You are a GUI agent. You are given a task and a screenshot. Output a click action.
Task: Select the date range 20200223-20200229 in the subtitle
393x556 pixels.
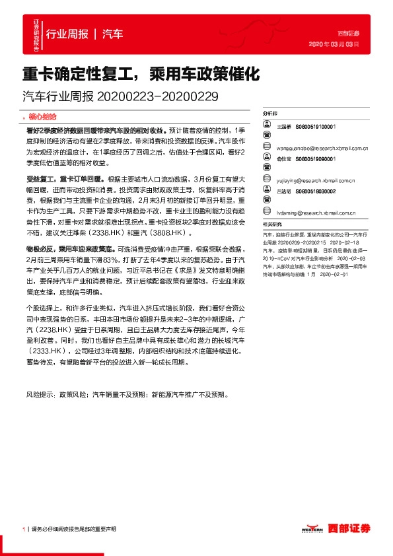click(157, 96)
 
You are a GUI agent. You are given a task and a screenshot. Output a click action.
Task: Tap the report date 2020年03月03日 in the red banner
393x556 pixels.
click(334, 45)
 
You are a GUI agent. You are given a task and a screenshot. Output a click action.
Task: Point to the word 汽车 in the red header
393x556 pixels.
click(112, 34)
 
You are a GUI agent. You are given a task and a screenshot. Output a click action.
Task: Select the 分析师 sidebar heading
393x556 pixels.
click(270, 114)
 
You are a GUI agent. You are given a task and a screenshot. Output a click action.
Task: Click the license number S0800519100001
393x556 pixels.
click(316, 125)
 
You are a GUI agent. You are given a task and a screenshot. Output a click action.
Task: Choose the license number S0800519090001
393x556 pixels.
click(316, 160)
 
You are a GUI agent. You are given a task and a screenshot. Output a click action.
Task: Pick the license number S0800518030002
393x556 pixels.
click(316, 191)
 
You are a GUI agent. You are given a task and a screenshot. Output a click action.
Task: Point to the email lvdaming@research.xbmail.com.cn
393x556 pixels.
click(316, 214)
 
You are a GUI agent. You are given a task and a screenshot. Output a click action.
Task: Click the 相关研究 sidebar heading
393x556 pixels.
click(270, 225)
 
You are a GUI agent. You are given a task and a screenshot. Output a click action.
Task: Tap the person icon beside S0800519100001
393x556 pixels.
click(266, 125)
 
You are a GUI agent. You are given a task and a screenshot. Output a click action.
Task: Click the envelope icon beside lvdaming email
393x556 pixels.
click(266, 214)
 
